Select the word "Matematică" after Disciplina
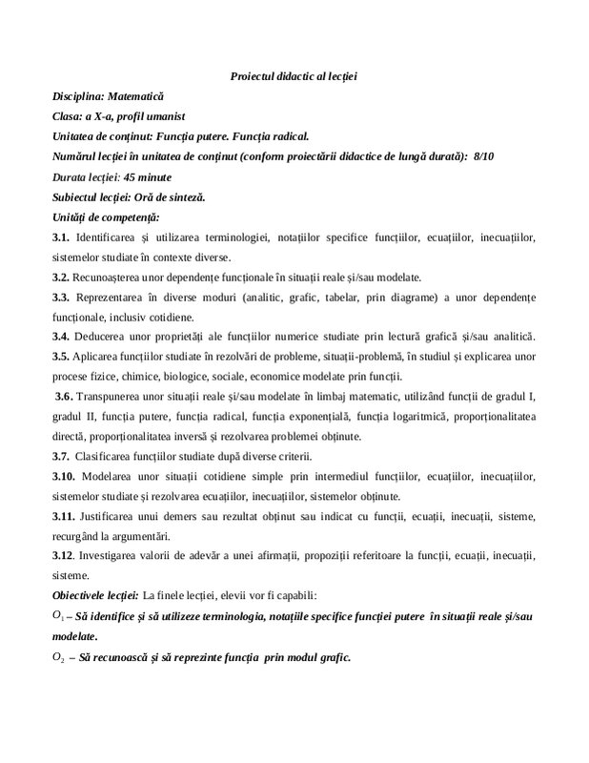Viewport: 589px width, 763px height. tap(135, 96)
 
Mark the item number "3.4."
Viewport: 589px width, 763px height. tap(63, 337)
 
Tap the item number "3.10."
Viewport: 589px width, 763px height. tap(66, 477)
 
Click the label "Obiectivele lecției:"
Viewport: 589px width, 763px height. tap(96, 596)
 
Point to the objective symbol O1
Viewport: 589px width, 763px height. tap(59, 617)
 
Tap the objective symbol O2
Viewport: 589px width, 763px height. tap(59, 658)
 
